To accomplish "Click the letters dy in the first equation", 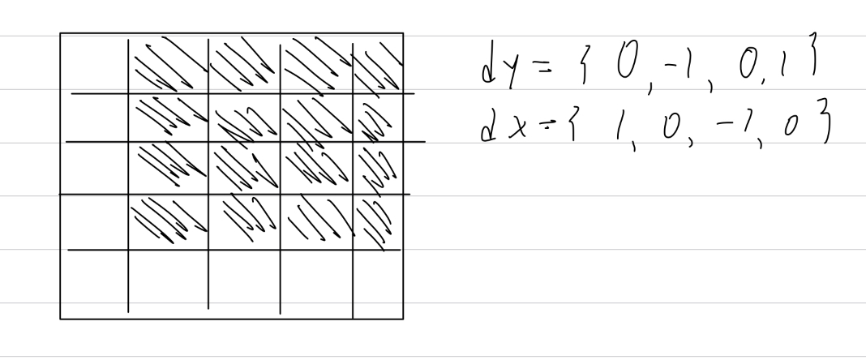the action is (495, 72).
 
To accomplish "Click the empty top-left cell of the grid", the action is (94, 63).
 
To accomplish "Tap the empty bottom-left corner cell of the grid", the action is (94, 284).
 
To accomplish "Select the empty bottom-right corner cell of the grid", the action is (378, 284).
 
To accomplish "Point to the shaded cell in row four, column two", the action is (168, 221).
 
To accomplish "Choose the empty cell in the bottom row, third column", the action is (244, 284).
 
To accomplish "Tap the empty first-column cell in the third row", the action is (94, 168).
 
